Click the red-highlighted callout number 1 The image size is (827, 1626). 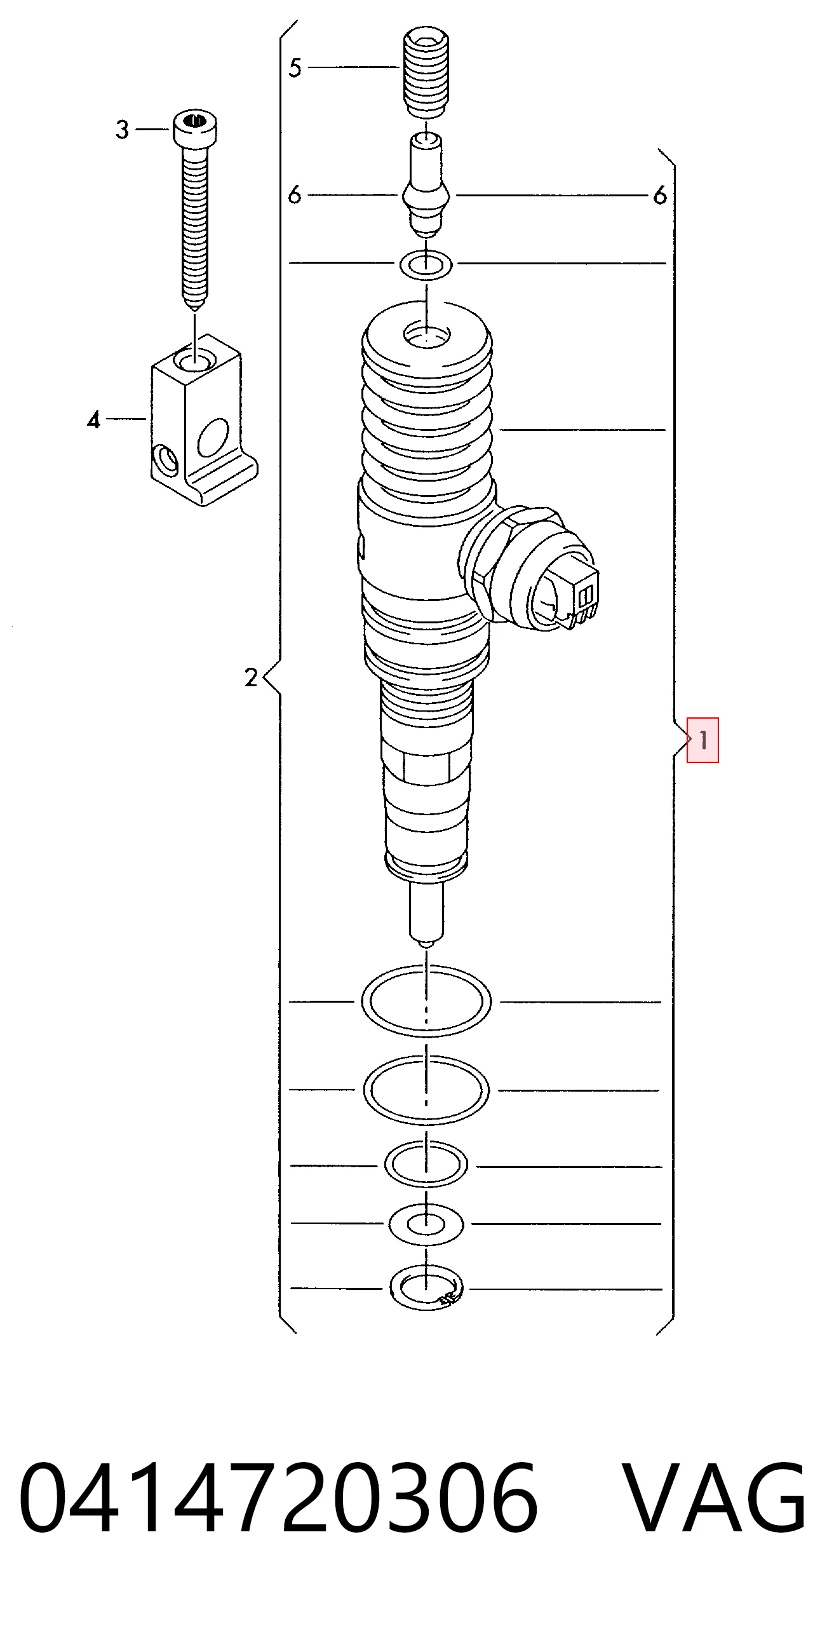pyautogui.click(x=703, y=740)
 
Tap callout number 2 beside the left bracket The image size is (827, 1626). pyautogui.click(x=252, y=677)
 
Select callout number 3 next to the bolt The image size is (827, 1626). pyautogui.click(x=123, y=130)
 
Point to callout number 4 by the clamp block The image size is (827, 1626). pyautogui.click(x=94, y=419)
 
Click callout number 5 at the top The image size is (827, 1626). pyautogui.click(x=295, y=67)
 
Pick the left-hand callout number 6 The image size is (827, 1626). pyautogui.click(x=294, y=194)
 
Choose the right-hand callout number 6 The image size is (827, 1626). pyautogui.click(x=660, y=195)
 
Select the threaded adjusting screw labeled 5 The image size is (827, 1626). pyautogui.click(x=426, y=72)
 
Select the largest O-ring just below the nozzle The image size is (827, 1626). pyautogui.click(x=426, y=1001)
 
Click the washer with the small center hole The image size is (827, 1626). pyautogui.click(x=426, y=1224)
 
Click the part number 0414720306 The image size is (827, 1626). pyautogui.click(x=278, y=1498)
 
